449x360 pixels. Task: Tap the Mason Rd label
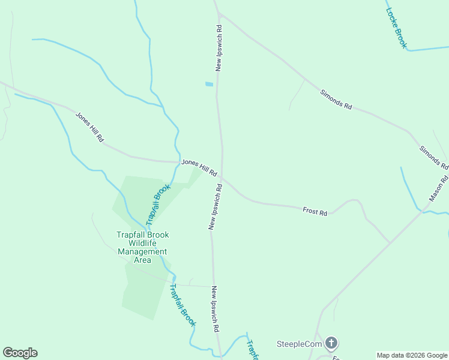click(x=439, y=188)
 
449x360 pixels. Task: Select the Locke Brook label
click(x=396, y=28)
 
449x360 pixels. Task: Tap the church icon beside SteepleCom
click(x=331, y=344)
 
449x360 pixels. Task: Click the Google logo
click(x=20, y=353)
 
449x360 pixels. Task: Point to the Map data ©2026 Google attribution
click(x=412, y=355)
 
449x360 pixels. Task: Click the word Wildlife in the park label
click(x=142, y=243)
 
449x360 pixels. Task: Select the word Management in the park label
click(x=142, y=251)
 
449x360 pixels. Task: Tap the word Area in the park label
click(x=142, y=260)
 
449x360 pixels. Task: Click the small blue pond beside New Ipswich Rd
click(x=209, y=84)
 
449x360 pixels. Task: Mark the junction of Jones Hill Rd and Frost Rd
click(x=222, y=178)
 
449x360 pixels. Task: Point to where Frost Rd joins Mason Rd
click(x=391, y=242)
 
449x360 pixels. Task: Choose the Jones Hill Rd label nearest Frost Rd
click(x=199, y=167)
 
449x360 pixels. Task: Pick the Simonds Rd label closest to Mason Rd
click(x=433, y=157)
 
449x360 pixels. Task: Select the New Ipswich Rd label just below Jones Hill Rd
click(x=215, y=207)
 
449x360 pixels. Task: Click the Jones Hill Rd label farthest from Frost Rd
click(x=89, y=127)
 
